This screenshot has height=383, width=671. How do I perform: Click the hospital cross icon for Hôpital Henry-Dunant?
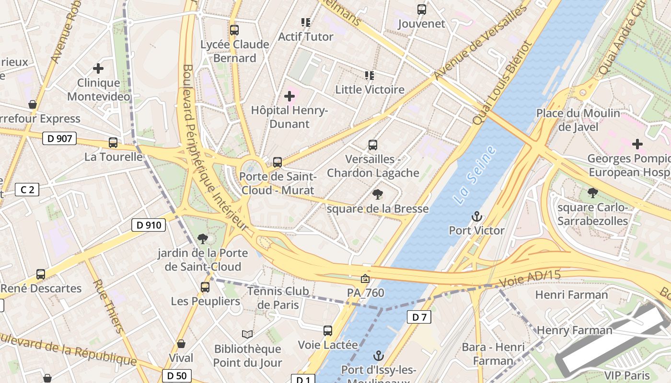[289, 96]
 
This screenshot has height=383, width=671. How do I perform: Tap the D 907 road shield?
[60, 139]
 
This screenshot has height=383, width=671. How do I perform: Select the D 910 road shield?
[149, 225]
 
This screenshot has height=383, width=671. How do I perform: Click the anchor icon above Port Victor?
[476, 216]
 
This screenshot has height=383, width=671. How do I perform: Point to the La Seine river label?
[474, 176]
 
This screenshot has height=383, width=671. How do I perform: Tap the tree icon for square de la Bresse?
[378, 194]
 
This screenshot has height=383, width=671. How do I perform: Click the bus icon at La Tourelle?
[113, 143]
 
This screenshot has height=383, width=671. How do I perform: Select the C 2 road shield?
[27, 190]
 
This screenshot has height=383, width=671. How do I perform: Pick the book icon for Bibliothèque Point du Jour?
[247, 334]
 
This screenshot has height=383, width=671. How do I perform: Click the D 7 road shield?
[419, 316]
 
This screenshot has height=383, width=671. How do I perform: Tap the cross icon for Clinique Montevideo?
[98, 68]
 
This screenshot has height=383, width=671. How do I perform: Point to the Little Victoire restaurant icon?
[370, 75]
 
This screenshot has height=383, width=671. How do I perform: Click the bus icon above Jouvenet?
[422, 10]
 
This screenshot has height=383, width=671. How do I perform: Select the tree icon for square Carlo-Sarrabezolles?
[593, 193]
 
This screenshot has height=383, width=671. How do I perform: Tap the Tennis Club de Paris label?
[278, 298]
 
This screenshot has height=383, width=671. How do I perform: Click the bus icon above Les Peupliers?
[205, 287]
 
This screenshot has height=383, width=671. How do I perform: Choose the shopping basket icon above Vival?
[181, 343]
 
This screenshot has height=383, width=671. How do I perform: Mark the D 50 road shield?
[177, 376]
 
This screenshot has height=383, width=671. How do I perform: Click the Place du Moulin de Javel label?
[578, 120]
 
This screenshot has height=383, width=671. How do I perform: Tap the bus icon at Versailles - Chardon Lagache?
[373, 145]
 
